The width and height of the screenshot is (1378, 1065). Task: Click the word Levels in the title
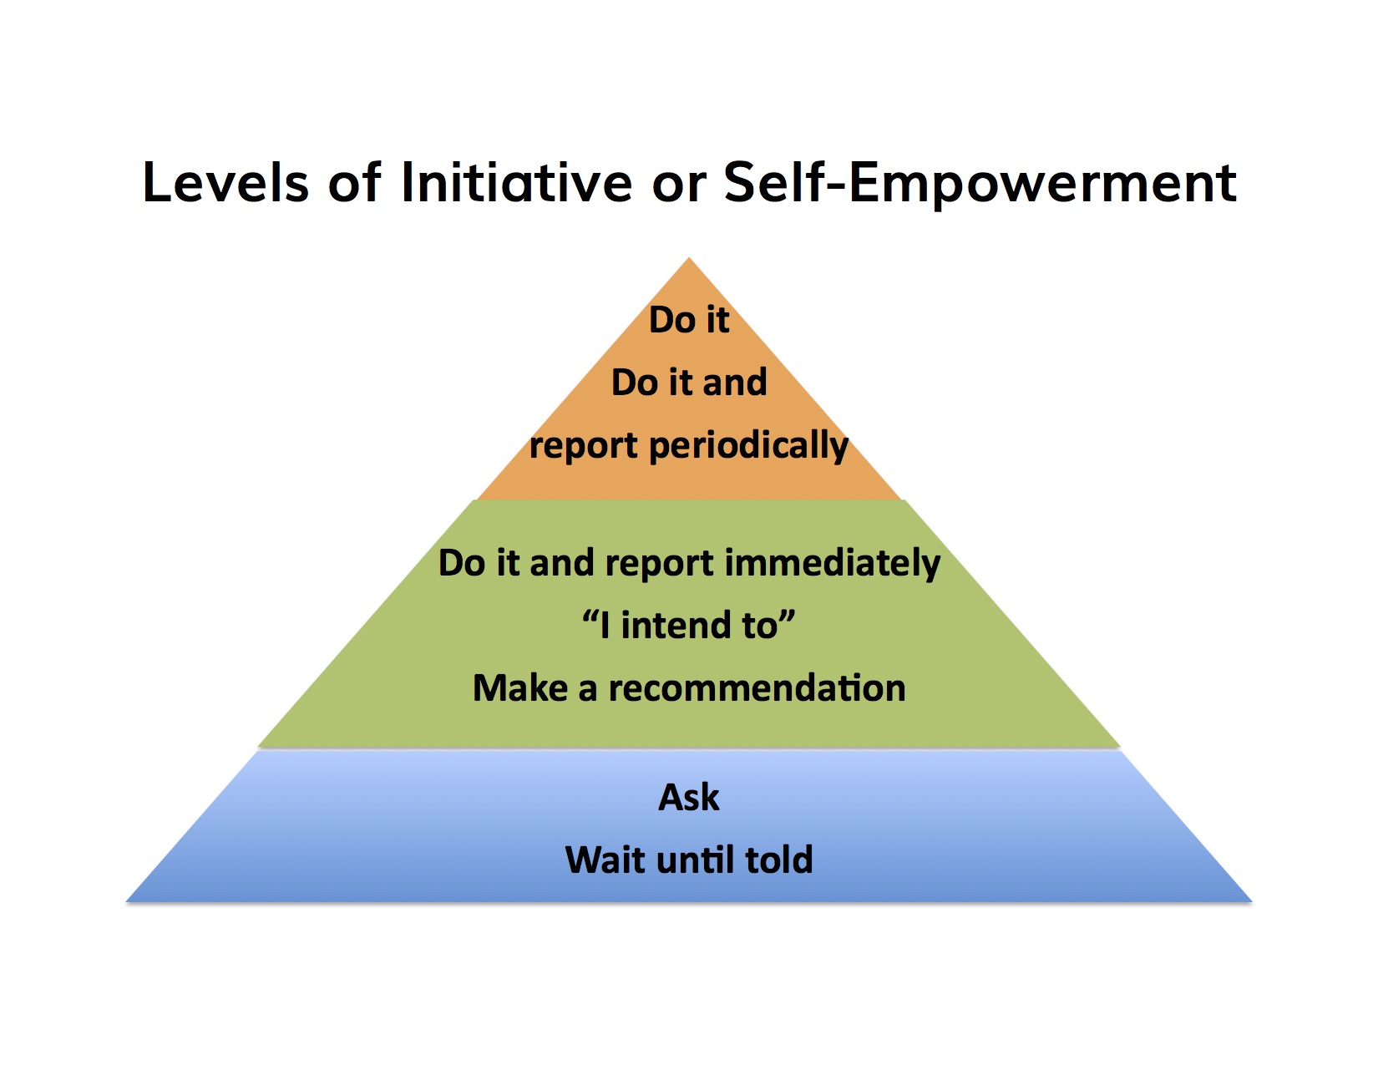click(225, 183)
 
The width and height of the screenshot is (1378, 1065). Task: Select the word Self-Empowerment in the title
click(980, 184)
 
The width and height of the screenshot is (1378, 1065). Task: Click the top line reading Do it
click(689, 319)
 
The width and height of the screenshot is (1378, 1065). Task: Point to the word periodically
click(748, 446)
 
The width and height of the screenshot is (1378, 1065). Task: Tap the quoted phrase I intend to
click(689, 625)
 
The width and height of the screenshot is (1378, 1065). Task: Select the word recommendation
click(757, 688)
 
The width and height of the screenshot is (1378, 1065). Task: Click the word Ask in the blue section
click(689, 798)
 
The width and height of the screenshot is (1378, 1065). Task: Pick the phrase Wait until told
click(689, 860)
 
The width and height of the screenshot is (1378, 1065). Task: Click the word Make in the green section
click(520, 688)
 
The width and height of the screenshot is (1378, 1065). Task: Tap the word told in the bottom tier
click(778, 860)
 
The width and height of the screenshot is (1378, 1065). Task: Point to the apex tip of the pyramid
click(689, 257)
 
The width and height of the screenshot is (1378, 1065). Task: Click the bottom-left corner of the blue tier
click(127, 901)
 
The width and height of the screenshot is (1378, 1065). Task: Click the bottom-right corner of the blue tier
click(1252, 901)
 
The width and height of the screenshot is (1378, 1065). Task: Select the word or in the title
click(678, 189)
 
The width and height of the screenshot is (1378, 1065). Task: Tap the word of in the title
click(354, 183)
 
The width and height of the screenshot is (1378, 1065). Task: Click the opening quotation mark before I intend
click(590, 616)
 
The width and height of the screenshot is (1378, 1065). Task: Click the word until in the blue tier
click(695, 860)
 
